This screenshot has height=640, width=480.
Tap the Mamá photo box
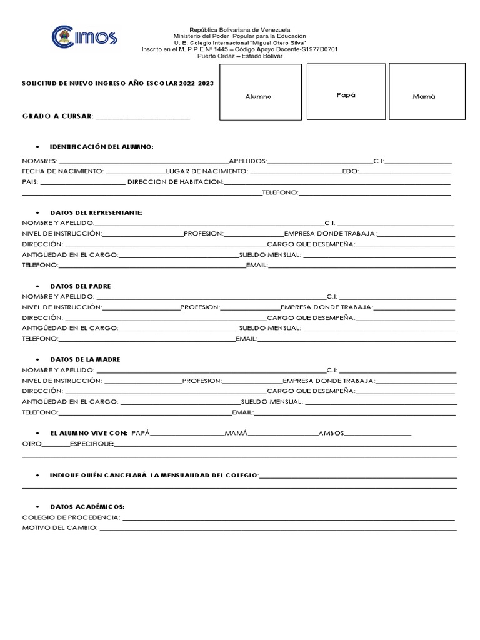point(426,91)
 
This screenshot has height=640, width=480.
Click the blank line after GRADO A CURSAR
point(142,116)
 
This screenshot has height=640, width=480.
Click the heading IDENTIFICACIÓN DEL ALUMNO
point(101,146)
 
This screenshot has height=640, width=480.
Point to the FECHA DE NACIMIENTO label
point(62,171)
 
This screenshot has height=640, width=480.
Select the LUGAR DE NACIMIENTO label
point(207,171)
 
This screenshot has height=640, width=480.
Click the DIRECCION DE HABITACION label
point(175,181)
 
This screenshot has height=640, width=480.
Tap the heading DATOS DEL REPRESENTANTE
point(96,212)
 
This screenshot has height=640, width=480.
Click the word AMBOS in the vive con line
point(331,432)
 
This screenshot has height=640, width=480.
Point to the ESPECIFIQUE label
point(91,444)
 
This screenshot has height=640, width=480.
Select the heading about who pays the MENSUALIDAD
point(154,476)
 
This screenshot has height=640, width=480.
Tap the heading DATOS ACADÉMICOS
point(87,507)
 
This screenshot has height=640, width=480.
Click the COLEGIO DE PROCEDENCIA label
point(71,517)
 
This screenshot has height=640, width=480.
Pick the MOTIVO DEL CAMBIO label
point(59,528)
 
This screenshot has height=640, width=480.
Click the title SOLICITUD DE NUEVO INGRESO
point(114,82)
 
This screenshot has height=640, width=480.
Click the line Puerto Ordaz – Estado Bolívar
point(240,56)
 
